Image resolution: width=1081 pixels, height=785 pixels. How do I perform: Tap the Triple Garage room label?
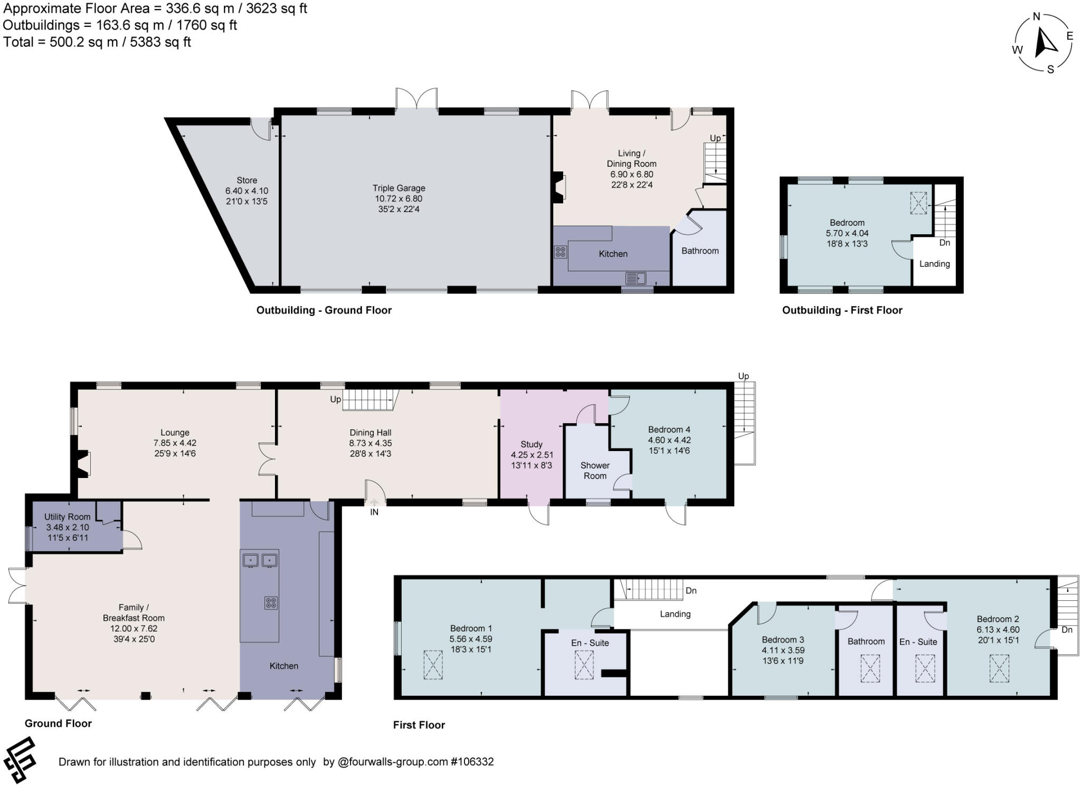coord(399,188)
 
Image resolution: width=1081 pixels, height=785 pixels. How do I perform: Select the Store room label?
coord(246,180)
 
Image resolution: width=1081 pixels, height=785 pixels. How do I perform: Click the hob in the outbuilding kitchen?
coord(560,252)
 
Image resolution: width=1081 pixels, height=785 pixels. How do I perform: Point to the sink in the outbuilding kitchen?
coord(636,277)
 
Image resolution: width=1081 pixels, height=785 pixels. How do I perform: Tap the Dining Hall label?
coord(370,433)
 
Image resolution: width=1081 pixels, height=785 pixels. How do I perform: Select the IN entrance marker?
coord(374,512)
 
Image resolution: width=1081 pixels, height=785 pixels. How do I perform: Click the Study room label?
coord(531,444)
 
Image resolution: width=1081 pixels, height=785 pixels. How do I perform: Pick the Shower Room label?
coord(595,471)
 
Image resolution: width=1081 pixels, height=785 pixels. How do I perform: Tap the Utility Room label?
coord(67,517)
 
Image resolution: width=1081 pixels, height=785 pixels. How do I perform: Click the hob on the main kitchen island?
coord(271,602)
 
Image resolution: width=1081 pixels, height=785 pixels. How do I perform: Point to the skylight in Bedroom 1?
coord(433,665)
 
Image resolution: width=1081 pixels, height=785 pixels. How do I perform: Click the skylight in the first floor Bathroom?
coord(870,668)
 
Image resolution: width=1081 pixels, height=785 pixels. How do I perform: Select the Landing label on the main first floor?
coord(675,614)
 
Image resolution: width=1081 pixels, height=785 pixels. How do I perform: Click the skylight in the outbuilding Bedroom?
coord(918,203)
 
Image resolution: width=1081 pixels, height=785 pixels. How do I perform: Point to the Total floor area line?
coord(97,42)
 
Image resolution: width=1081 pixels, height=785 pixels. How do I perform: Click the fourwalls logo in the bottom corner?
coord(20,760)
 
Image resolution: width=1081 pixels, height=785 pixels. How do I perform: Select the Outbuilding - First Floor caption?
coord(842,310)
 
